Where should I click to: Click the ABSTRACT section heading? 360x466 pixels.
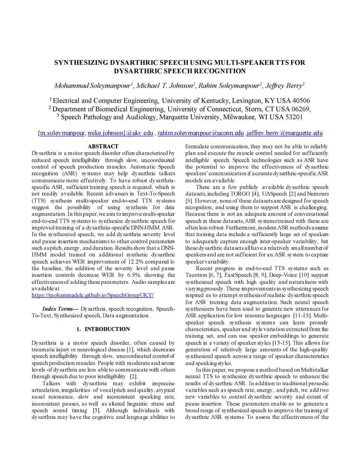(x=103, y=146)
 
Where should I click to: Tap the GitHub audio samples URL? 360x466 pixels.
(x=92, y=295)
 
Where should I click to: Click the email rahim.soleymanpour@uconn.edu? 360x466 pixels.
(x=200, y=133)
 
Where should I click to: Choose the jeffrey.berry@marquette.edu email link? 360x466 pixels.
(x=285, y=133)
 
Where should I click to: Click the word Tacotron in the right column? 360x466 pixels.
(x=196, y=275)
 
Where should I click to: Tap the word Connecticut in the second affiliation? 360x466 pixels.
(x=224, y=109)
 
